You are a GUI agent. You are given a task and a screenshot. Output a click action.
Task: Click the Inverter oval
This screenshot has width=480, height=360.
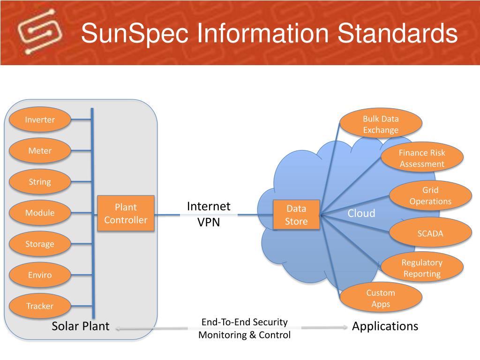40,120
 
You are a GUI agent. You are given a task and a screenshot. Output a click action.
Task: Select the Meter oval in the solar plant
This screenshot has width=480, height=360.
40,150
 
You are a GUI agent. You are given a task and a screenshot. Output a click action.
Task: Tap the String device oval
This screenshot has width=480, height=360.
40,182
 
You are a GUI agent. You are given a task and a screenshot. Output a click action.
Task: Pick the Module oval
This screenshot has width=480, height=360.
40,213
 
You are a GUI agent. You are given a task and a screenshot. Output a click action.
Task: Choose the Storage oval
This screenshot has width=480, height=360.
40,244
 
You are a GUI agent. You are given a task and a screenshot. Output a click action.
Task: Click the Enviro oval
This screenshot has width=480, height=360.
40,275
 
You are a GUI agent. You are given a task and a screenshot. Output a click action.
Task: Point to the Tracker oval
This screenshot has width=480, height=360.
40,306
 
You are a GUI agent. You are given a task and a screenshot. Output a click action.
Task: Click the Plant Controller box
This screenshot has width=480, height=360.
126,213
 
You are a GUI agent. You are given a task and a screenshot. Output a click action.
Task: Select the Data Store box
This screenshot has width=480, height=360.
296,215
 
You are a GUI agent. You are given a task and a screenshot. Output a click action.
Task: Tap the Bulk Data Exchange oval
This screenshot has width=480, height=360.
381,124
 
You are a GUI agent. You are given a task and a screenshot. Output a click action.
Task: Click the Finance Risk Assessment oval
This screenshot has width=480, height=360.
422,158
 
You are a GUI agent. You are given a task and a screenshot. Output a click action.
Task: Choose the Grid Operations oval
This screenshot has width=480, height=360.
430,195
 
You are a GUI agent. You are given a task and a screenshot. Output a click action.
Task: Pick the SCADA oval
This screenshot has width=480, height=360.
430,233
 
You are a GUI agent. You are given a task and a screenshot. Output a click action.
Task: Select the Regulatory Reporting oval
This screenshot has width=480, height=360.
422,268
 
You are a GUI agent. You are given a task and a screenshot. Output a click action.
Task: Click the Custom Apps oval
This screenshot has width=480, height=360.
381,298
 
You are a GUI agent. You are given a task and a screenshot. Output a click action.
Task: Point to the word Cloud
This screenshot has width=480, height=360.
361,213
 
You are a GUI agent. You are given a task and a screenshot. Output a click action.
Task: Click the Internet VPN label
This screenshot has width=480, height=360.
209,214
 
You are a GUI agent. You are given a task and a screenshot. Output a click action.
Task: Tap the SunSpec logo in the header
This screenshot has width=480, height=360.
39,32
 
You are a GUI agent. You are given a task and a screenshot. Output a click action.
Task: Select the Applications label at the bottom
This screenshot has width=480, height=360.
385,326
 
